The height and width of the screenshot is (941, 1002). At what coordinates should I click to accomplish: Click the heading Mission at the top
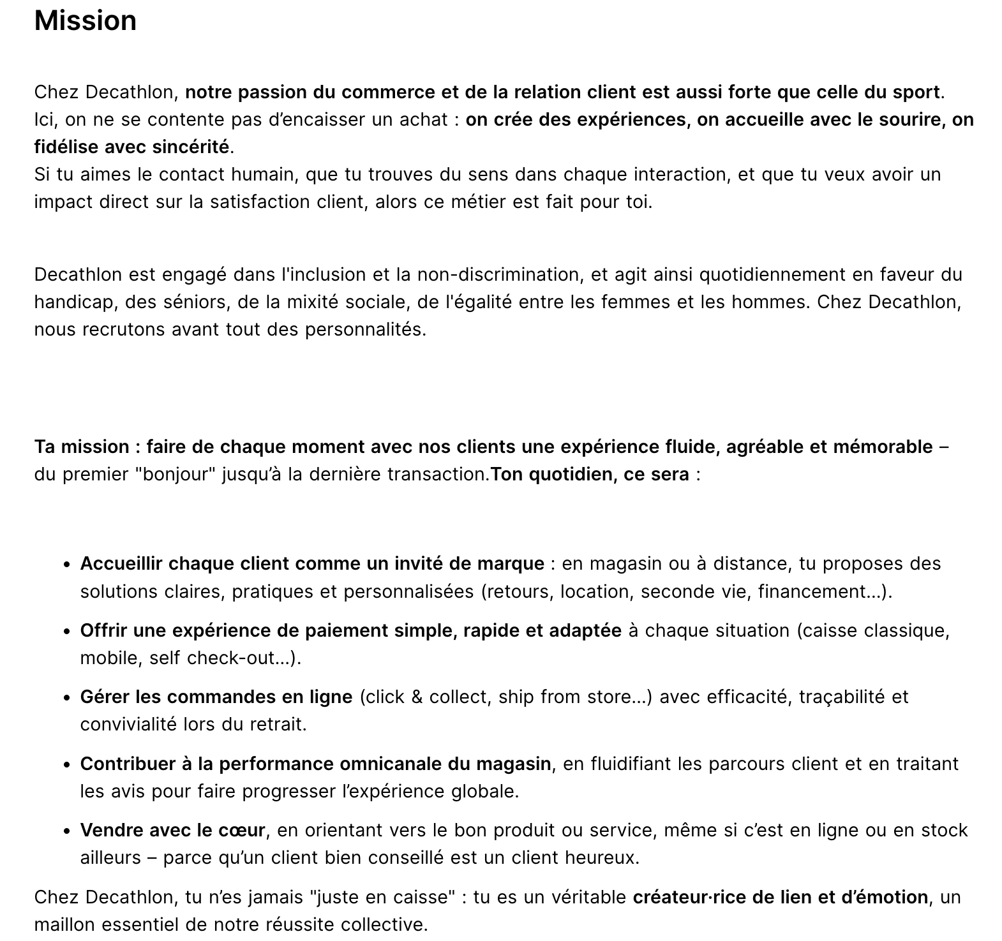point(85,20)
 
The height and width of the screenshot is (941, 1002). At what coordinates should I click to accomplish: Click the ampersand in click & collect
point(417,697)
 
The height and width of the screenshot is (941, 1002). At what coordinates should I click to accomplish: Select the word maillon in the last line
point(65,924)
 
